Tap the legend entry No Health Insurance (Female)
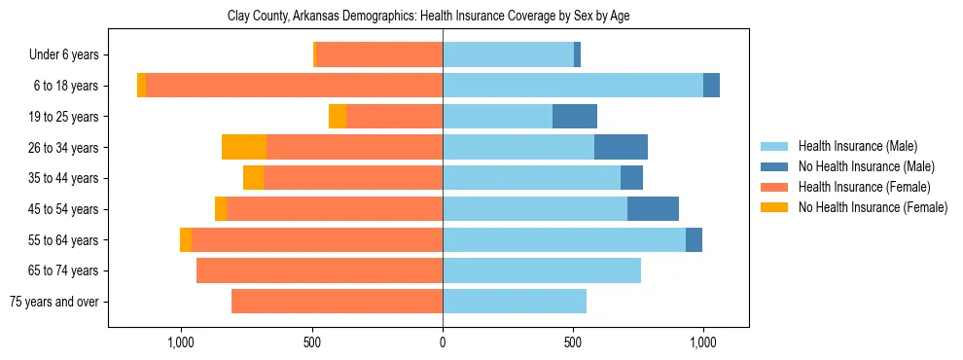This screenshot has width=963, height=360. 873,207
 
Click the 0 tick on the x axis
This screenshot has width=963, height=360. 443,342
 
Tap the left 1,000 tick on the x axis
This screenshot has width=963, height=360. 182,342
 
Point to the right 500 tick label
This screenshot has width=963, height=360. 573,342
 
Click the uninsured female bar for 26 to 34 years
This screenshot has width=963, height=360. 244,147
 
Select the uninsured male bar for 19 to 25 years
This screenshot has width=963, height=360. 575,117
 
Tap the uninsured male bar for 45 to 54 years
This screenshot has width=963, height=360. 653,209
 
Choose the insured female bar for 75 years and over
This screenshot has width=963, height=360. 337,302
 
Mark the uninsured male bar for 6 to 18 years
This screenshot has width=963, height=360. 711,86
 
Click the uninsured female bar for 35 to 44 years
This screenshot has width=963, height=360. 253,178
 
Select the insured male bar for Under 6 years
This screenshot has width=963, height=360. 508,55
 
